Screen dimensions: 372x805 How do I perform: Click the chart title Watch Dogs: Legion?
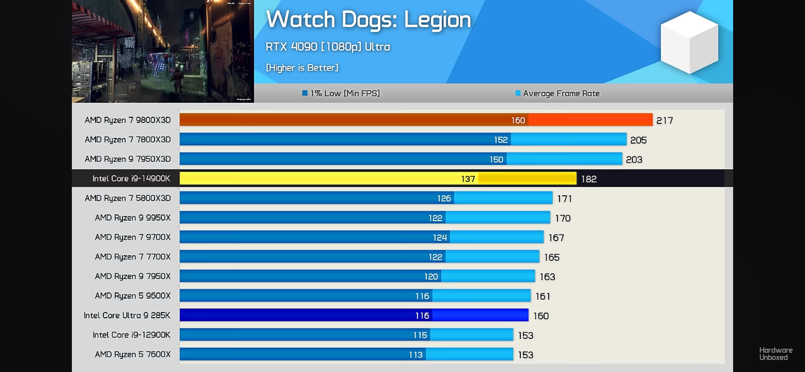[368, 20]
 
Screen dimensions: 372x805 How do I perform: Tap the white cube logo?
[689, 42]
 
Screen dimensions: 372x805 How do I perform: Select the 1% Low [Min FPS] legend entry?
[341, 93]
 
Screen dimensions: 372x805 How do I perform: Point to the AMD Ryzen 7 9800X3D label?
[128, 120]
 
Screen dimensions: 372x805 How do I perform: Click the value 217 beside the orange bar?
[664, 120]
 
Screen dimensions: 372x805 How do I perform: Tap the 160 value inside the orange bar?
[518, 120]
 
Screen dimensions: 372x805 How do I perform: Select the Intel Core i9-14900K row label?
[131, 178]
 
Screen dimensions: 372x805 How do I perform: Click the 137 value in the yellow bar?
[468, 179]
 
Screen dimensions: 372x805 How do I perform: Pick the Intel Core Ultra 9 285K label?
[127, 315]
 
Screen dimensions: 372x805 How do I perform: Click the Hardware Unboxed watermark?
[776, 354]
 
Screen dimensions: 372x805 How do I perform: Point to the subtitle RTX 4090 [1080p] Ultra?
[327, 47]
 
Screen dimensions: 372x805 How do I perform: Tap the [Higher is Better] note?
[302, 68]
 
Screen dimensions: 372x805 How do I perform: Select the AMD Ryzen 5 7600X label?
[133, 354]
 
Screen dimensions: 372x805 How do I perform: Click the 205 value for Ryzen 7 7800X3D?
[638, 140]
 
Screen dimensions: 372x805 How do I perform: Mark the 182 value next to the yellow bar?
[589, 179]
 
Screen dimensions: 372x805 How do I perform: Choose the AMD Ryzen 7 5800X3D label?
[128, 198]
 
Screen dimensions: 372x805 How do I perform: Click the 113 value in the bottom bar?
[416, 355]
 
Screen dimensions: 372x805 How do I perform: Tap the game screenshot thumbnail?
[163, 51]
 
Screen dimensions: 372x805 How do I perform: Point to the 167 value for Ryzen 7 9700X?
[556, 238]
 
